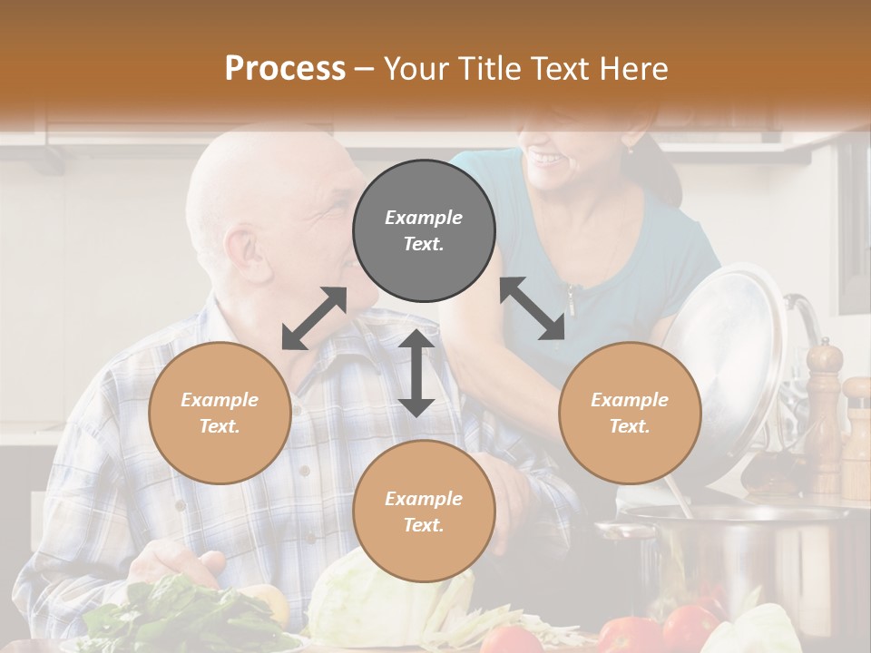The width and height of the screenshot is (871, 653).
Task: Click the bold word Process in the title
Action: coord(285,69)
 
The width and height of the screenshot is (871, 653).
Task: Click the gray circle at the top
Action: coord(424,230)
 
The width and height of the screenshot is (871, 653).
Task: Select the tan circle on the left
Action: coord(220,413)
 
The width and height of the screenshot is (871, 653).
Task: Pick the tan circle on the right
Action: coord(630,413)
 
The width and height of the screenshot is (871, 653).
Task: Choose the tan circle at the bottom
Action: coord(424,512)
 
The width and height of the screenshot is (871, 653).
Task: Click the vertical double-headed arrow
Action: coord(416,373)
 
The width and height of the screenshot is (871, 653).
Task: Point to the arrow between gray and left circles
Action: coord(314,318)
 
